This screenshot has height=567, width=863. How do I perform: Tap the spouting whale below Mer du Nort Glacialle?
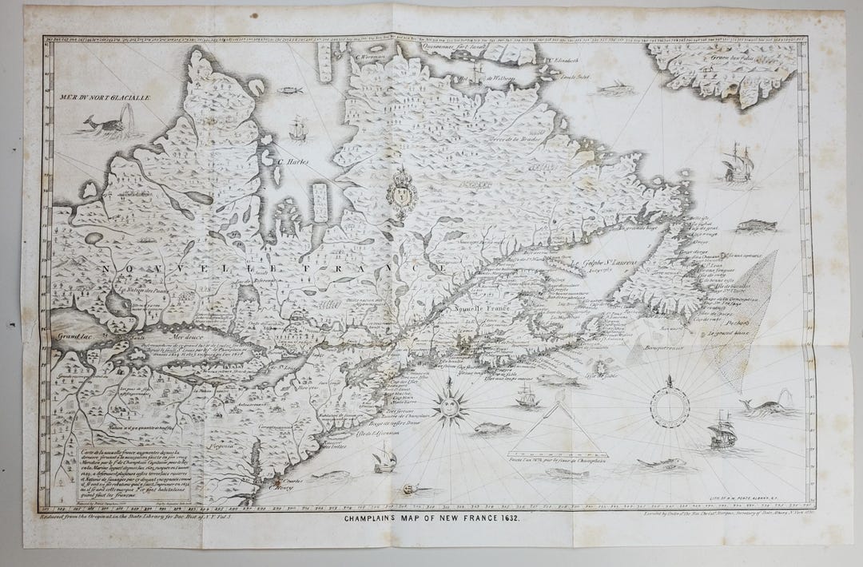[x=103, y=125]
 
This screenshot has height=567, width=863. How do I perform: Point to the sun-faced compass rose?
[x=450, y=403]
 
